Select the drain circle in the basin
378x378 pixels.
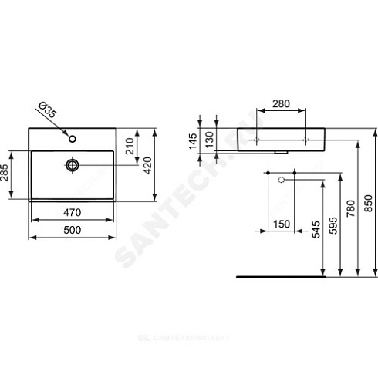tap(73, 164)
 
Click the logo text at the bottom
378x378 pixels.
tap(189, 361)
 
